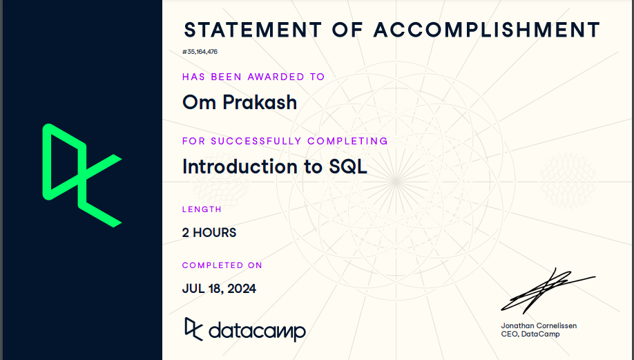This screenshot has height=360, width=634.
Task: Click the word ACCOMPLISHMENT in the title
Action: pos(487,30)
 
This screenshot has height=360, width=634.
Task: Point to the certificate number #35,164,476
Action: pos(200,52)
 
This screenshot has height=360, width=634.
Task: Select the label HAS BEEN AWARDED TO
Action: pos(253,77)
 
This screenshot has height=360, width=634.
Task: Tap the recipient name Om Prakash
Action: pos(240,102)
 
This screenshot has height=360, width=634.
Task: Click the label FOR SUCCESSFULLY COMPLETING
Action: pos(285,141)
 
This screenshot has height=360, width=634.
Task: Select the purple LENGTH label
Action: pos(202,209)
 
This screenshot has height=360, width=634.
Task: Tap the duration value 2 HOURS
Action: pos(209,233)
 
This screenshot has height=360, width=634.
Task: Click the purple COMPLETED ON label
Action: pos(222,265)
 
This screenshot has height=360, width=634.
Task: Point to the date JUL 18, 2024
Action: pos(219,289)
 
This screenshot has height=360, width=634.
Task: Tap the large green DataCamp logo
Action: pos(81,175)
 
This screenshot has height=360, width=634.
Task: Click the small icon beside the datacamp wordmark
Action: pos(193,328)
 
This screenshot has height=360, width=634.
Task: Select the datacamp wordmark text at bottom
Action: pos(256,331)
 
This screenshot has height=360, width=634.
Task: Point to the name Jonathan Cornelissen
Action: pos(539,325)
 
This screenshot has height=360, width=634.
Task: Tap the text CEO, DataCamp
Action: pos(531,334)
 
